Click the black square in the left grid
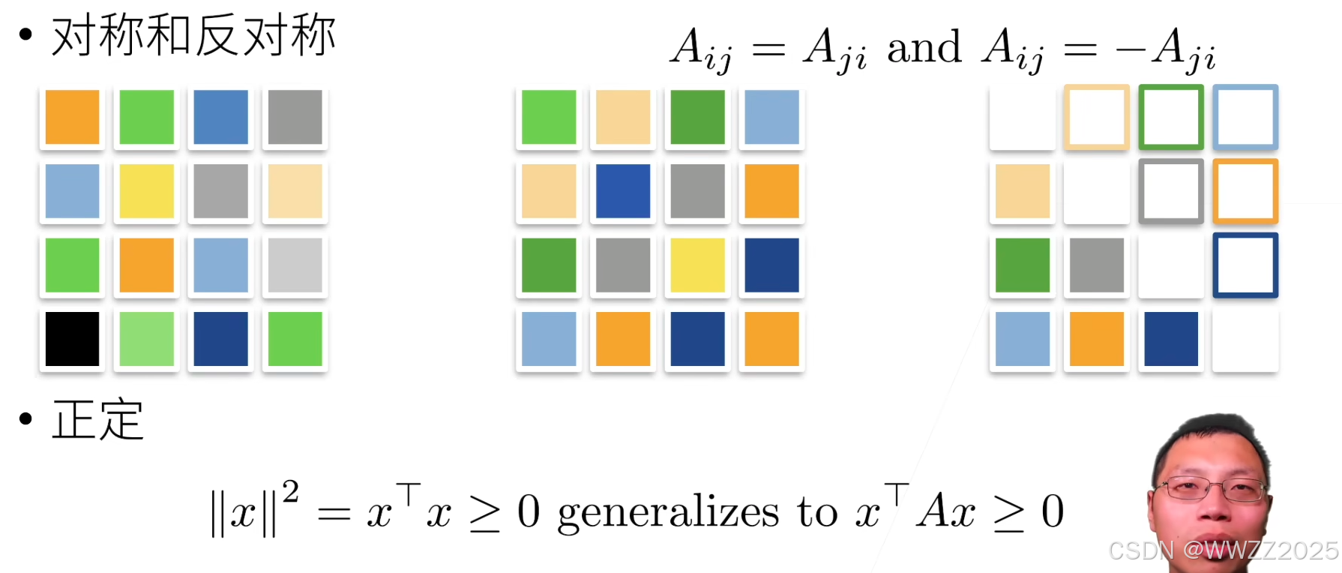(72, 339)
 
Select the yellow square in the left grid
(146, 191)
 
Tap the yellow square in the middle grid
(697, 265)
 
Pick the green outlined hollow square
(1170, 117)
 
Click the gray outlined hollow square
(1170, 191)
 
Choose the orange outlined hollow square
(1245, 191)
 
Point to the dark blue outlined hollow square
(1245, 265)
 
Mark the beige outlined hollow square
(1096, 117)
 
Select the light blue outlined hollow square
(1245, 117)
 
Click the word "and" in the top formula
(924, 47)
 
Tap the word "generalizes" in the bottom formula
(668, 513)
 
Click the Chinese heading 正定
(97, 420)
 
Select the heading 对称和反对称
(193, 35)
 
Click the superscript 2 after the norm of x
(291, 492)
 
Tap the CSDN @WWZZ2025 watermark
(1224, 550)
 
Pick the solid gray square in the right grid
(1096, 265)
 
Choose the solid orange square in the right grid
(1096, 339)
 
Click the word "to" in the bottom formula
(817, 513)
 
